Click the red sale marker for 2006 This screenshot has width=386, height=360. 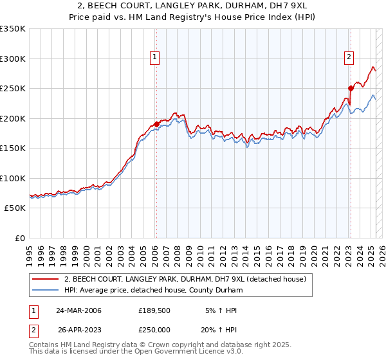(156, 124)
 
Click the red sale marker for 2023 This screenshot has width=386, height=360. (351, 88)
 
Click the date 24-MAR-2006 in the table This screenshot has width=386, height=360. (79, 310)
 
